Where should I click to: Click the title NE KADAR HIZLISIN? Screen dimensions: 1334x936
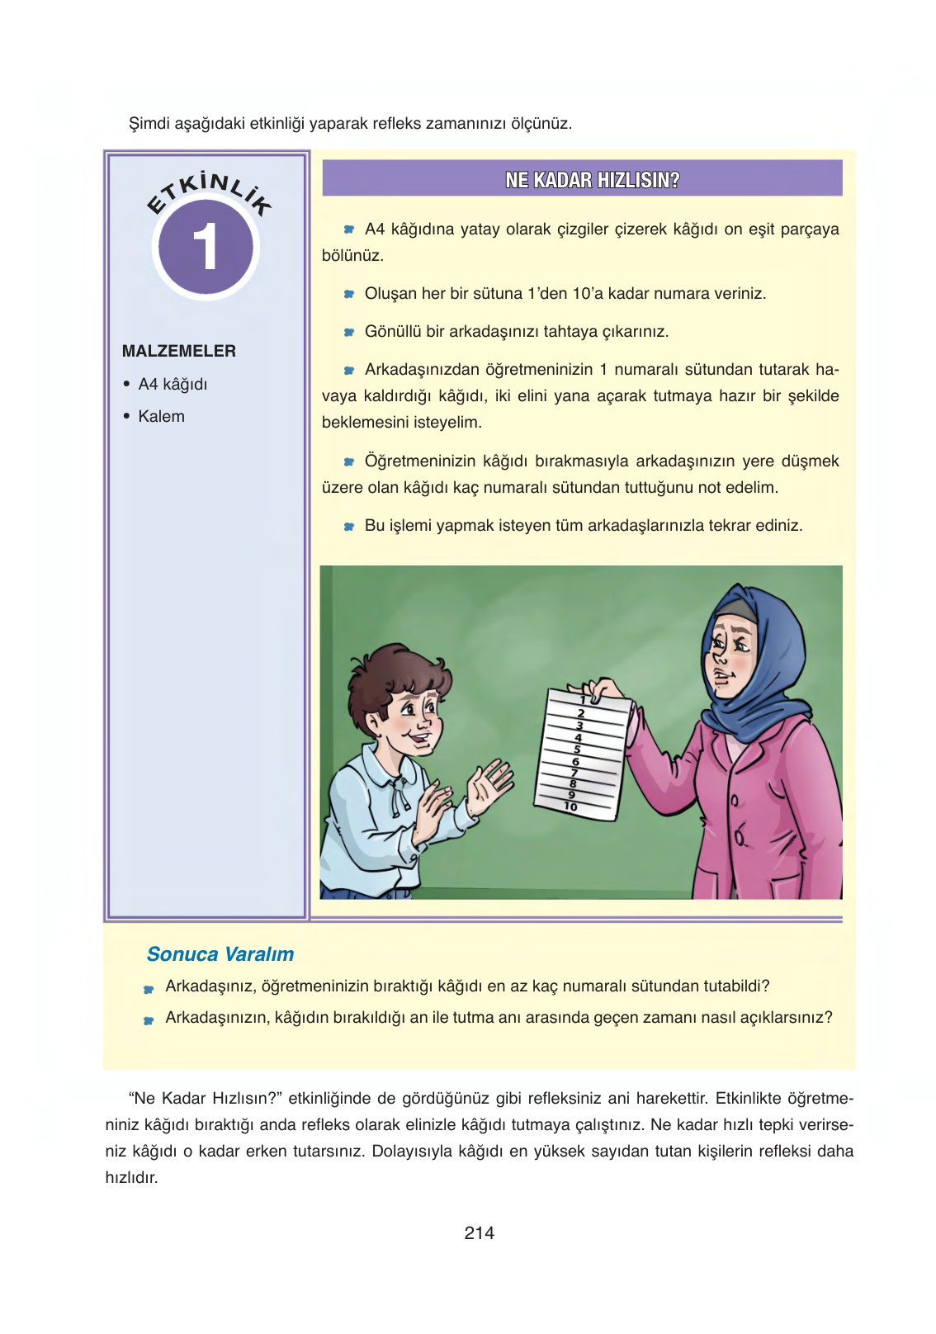coord(592,180)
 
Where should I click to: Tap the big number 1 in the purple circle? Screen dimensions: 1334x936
coord(205,247)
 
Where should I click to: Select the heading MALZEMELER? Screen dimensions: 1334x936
coord(178,351)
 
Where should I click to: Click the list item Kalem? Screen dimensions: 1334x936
coord(161,416)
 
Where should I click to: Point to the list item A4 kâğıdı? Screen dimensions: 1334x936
coord(173,384)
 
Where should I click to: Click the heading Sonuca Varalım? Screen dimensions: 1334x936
coord(220,954)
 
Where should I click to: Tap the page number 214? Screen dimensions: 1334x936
coord(479,1232)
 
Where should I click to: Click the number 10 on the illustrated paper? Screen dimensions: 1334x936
coord(570,807)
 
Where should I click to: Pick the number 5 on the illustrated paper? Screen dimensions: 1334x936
coord(577,749)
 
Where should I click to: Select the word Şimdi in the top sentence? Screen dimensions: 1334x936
coord(149,124)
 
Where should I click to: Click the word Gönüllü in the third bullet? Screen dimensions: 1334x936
coord(393,332)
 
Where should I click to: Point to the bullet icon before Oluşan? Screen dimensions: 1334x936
coord(349,295)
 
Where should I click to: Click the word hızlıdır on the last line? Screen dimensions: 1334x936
coord(131,1178)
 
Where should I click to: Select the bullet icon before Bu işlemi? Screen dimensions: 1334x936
coord(349,527)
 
